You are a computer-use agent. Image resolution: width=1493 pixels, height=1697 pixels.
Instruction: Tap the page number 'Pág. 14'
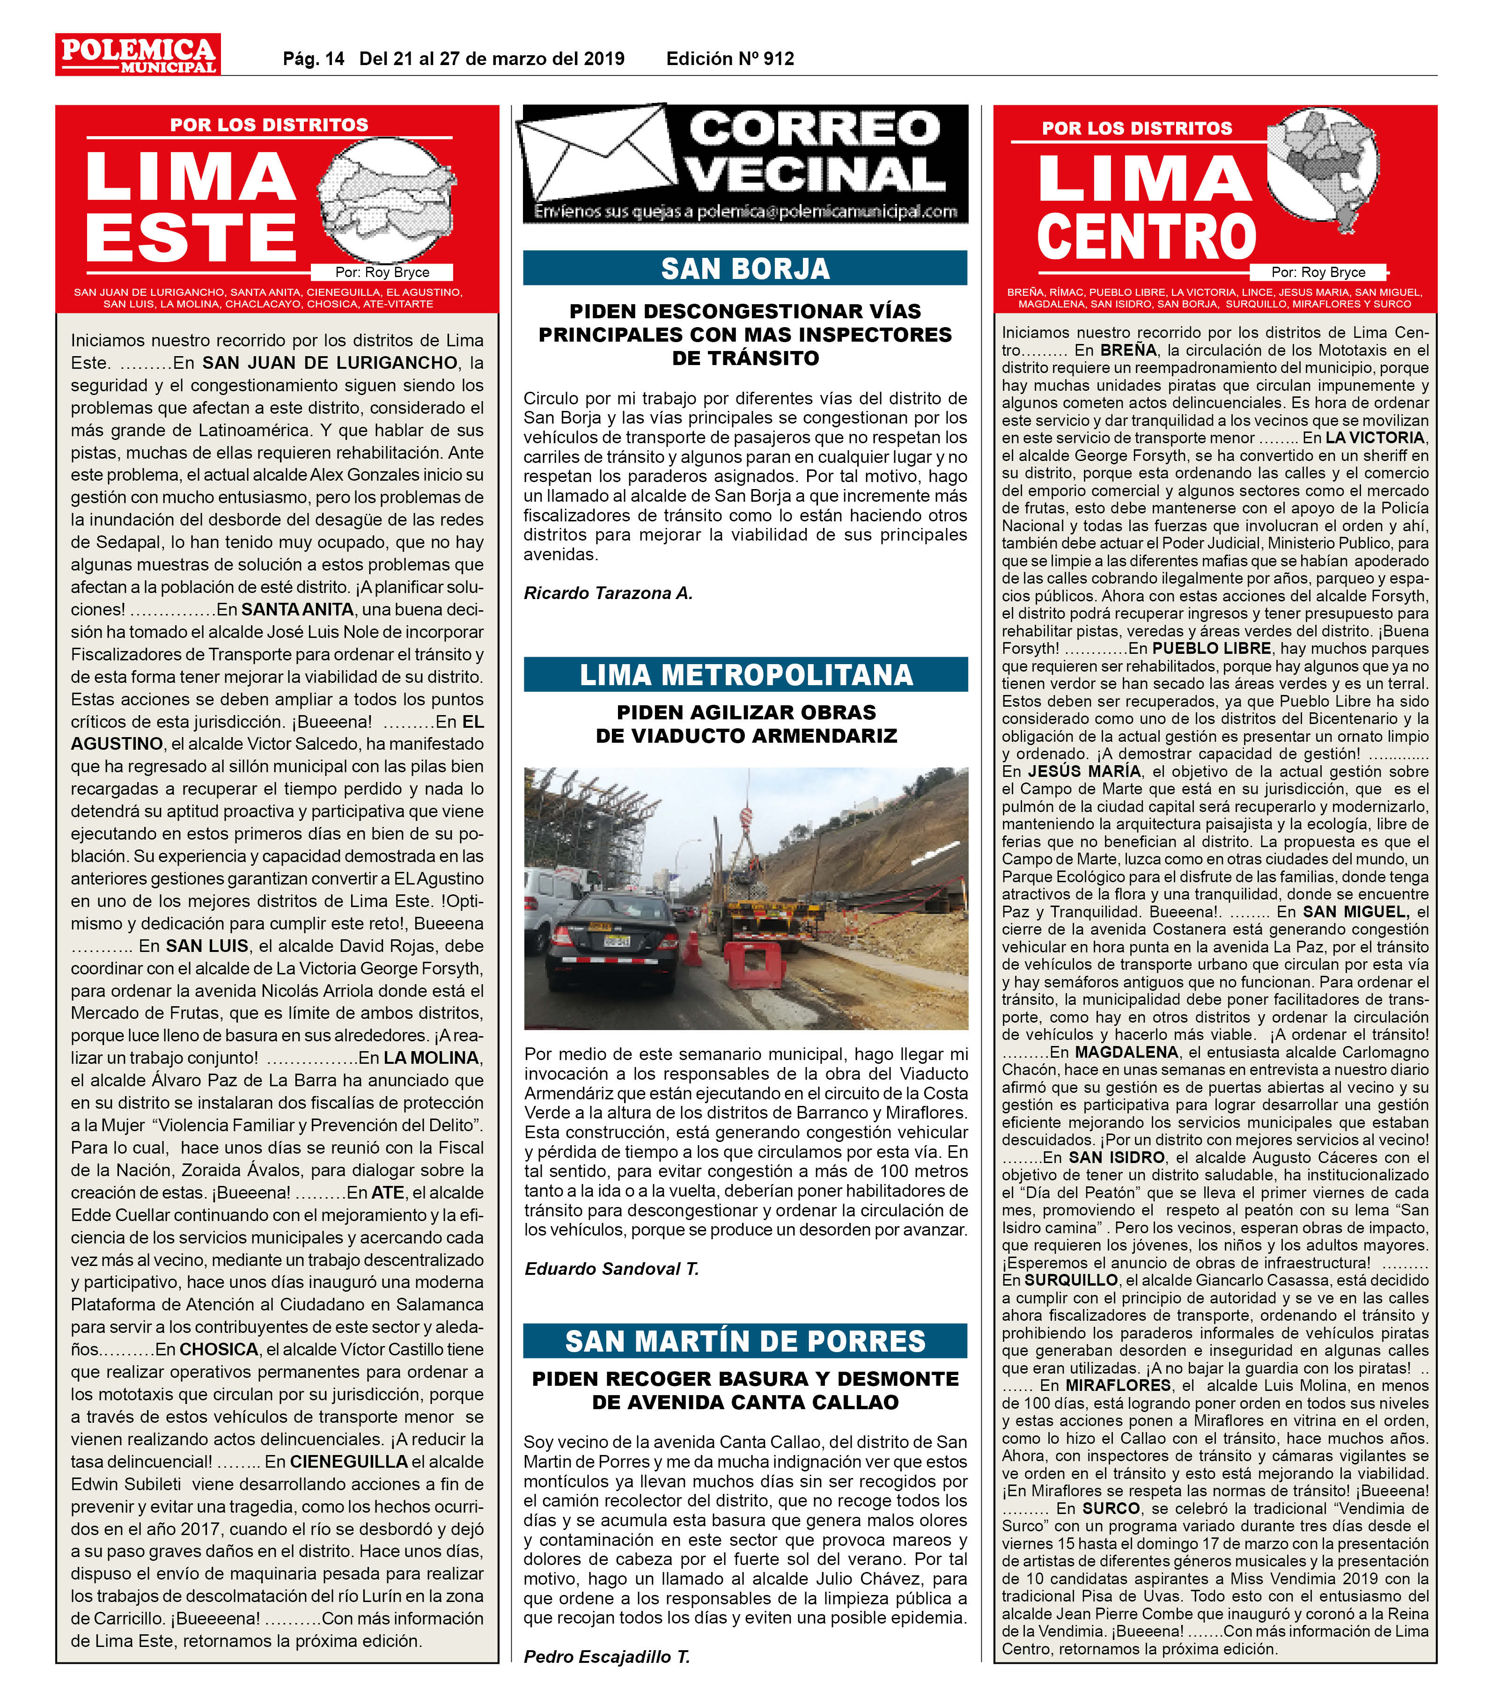pos(313,59)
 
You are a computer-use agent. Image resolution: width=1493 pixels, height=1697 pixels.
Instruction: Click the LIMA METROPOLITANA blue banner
pos(745,674)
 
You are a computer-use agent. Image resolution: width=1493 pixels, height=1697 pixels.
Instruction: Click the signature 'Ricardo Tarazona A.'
pos(608,593)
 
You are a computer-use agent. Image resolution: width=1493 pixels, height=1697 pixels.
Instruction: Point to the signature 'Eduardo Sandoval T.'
pos(611,1269)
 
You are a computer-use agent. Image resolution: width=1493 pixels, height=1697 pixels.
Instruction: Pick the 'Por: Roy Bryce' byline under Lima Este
pos(382,272)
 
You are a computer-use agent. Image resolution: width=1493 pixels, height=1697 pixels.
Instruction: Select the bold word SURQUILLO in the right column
pos(1071,1280)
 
